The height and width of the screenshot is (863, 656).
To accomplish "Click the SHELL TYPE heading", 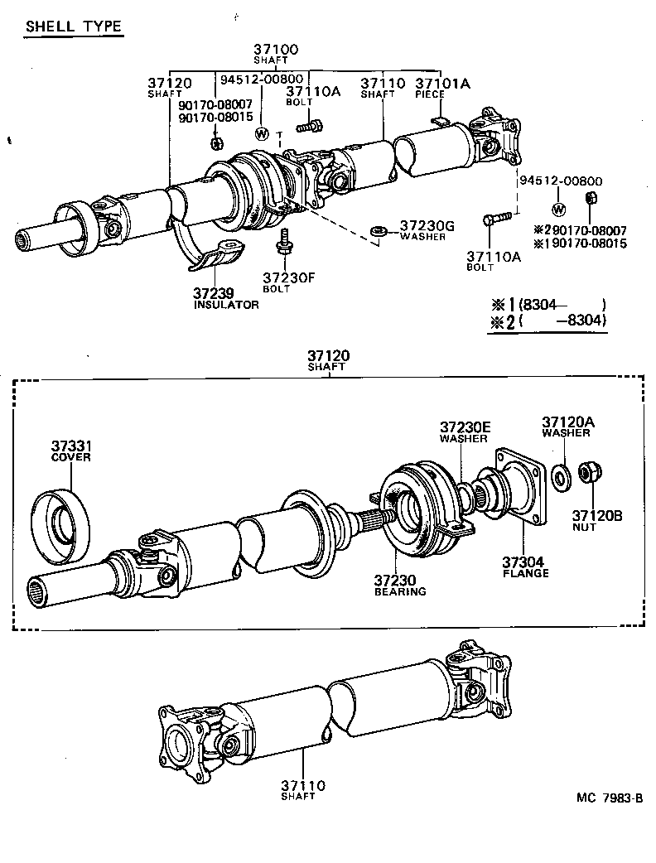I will tap(74, 27).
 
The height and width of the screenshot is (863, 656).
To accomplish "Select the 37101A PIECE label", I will tap(441, 87).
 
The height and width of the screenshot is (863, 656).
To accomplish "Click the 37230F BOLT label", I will tap(288, 282).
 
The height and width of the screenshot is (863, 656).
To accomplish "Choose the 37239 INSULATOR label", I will tap(225, 298).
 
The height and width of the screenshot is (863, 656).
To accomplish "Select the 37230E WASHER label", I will tap(465, 431).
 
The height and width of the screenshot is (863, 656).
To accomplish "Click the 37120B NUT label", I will tap(596, 520).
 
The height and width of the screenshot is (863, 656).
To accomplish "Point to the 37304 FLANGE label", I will tap(525, 566).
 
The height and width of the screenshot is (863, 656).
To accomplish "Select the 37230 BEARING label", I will tap(400, 585).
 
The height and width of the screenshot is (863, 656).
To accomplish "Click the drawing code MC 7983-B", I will tap(610, 798).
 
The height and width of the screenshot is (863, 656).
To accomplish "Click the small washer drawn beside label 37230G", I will tap(379, 229).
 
